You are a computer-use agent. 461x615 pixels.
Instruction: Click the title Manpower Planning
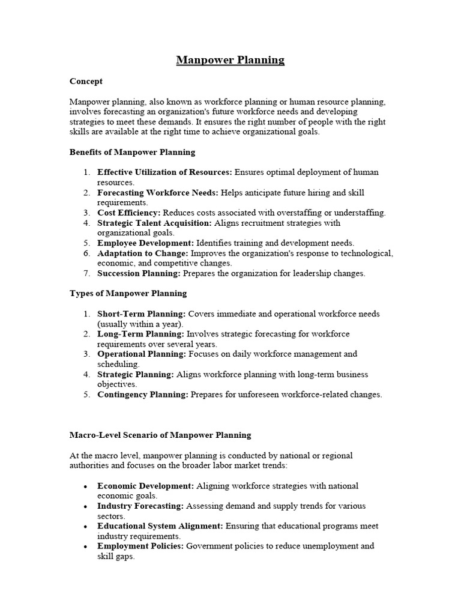pyautogui.click(x=230, y=60)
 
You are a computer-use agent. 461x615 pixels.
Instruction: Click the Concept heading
pyautogui.click(x=86, y=81)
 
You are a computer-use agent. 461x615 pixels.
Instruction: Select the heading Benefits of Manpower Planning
pyautogui.click(x=132, y=152)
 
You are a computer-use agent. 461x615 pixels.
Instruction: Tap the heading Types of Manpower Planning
pyautogui.click(x=128, y=293)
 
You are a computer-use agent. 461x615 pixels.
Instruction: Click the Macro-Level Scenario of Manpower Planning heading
pyautogui.click(x=160, y=435)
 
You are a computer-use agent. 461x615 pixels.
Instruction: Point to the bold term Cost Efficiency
pyautogui.click(x=128, y=213)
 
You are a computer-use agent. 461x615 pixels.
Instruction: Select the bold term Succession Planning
pyautogui.click(x=139, y=273)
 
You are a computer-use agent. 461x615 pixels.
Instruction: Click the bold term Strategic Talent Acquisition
pyautogui.click(x=154, y=223)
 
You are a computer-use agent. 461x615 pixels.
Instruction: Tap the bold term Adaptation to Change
pyautogui.click(x=142, y=253)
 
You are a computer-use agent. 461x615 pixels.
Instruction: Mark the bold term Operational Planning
pyautogui.click(x=142, y=354)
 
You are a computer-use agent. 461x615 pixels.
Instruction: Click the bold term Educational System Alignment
pyautogui.click(x=160, y=526)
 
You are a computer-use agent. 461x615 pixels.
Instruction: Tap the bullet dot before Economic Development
pyautogui.click(x=86, y=486)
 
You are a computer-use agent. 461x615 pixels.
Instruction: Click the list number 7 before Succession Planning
pyautogui.click(x=86, y=273)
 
